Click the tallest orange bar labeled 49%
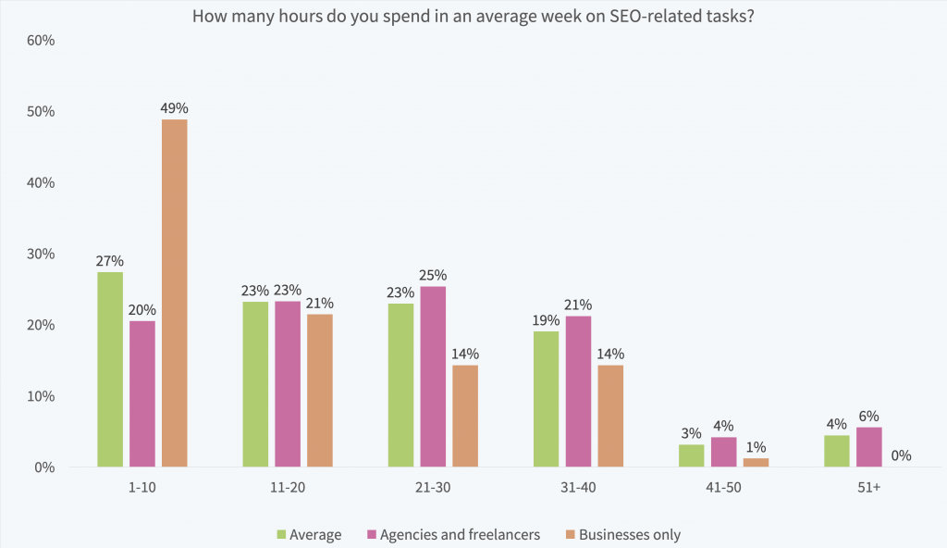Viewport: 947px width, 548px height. click(x=174, y=293)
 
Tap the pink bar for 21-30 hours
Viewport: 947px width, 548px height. click(x=433, y=376)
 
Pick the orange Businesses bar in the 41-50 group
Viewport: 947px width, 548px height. click(x=756, y=462)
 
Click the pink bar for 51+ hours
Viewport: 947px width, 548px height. click(x=868, y=447)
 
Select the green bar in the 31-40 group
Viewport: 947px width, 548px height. click(x=547, y=398)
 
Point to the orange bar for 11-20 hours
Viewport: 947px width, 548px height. click(x=320, y=390)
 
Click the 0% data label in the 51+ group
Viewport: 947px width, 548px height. click(x=901, y=455)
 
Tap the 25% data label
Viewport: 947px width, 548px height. click(x=433, y=275)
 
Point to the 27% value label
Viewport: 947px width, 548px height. click(x=110, y=260)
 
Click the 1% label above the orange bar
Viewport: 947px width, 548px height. click(x=756, y=446)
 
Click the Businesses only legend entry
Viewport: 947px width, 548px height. click(x=629, y=534)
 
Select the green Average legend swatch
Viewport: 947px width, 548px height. click(x=281, y=534)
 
